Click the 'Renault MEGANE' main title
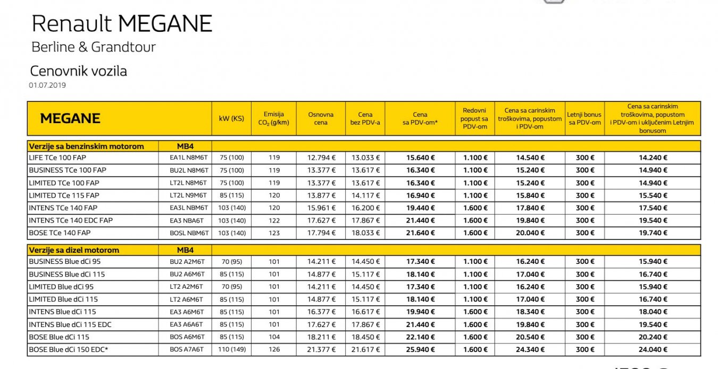pyautogui.click(x=122, y=24)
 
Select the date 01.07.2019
pyautogui.click(x=48, y=85)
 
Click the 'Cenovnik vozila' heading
pyautogui.click(x=79, y=71)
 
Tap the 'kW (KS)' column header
pyautogui.click(x=231, y=118)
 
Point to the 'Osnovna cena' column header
pyautogui.click(x=321, y=118)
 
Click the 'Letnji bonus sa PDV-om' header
pyautogui.click(x=584, y=118)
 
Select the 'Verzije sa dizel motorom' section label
pyautogui.click(x=74, y=250)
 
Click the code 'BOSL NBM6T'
pyautogui.click(x=189, y=233)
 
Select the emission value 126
pyautogui.click(x=274, y=350)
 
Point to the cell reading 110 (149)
pyautogui.click(x=231, y=350)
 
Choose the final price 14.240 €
pyautogui.click(x=653, y=158)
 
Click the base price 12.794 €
pyautogui.click(x=321, y=158)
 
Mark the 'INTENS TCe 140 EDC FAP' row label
pyautogui.click(x=71, y=220)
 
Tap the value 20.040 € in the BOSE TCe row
pyautogui.click(x=530, y=233)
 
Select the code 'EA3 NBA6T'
pyautogui.click(x=189, y=220)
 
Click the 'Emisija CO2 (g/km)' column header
pyautogui.click(x=274, y=118)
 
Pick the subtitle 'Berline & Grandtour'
pyautogui.click(x=94, y=47)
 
